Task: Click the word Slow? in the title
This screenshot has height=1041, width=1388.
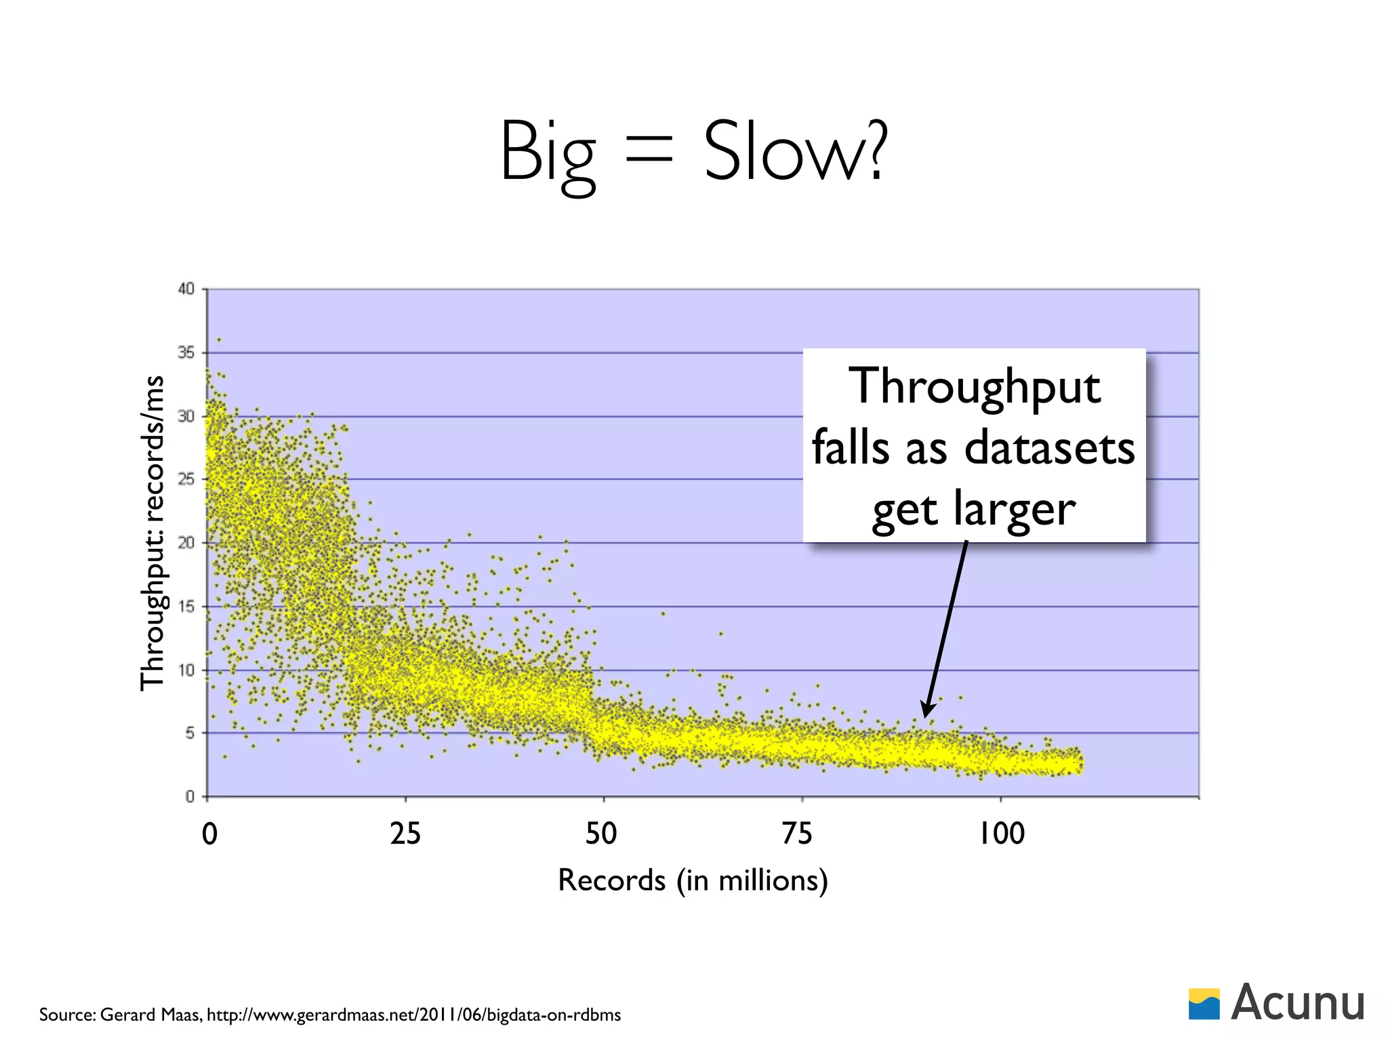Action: point(794,152)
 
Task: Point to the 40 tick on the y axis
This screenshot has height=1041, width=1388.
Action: point(186,289)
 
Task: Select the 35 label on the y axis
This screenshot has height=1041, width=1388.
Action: point(186,352)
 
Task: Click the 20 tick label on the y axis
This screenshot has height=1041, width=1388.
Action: point(186,543)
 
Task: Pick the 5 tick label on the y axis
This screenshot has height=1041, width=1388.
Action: point(190,733)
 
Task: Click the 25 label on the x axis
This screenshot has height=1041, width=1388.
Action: point(405,834)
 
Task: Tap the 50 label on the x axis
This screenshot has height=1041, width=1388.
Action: point(602,834)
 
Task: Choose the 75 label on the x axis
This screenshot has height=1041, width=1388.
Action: point(797,834)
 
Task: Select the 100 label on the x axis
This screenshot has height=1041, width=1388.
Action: point(1002,834)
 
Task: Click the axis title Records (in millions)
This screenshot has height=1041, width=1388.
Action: point(693,880)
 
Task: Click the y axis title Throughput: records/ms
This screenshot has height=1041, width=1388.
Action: point(152,533)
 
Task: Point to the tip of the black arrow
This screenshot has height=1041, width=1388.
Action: point(924,717)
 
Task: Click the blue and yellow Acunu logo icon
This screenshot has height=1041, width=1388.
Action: point(1204,1004)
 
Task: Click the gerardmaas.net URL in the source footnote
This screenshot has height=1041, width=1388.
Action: point(413,1015)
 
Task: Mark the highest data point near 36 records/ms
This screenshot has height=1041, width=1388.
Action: point(218,340)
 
